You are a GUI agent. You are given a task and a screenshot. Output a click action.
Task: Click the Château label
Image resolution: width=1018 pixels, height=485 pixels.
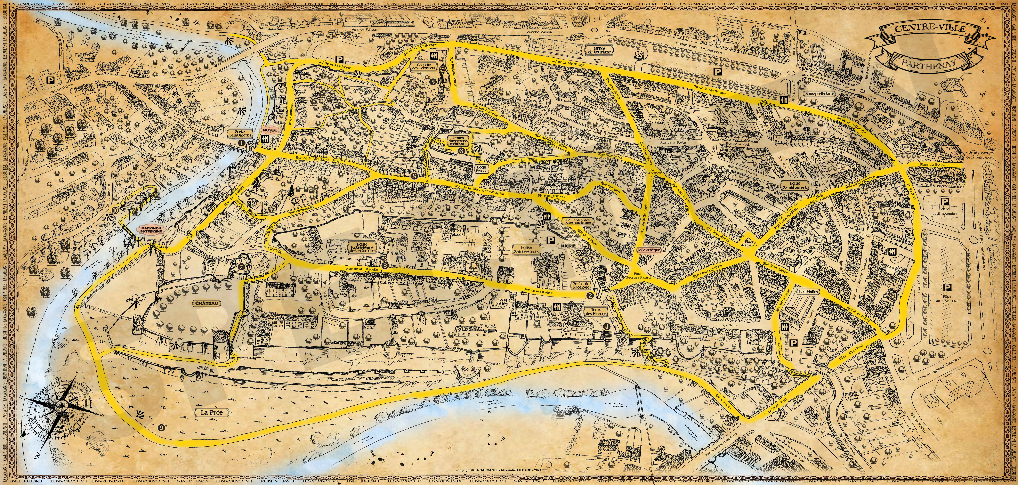(x=206, y=303)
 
